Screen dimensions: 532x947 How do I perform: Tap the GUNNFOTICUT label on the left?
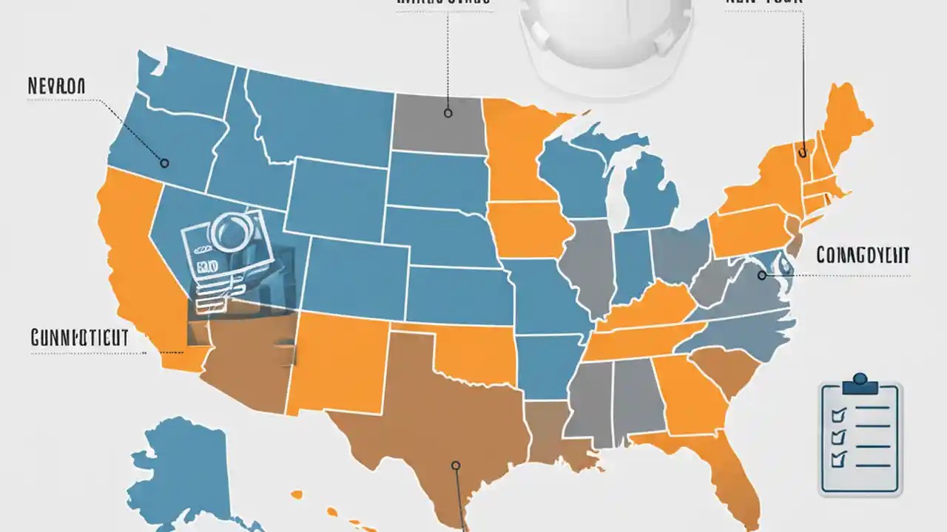click(80, 338)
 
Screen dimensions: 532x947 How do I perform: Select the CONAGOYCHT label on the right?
click(863, 256)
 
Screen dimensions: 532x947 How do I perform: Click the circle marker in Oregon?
click(164, 163)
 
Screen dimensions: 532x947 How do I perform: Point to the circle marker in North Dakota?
click(448, 113)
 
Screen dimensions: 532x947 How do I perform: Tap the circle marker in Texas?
click(456, 465)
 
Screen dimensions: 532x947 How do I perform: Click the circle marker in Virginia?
click(761, 276)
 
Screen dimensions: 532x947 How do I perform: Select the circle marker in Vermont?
click(803, 153)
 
